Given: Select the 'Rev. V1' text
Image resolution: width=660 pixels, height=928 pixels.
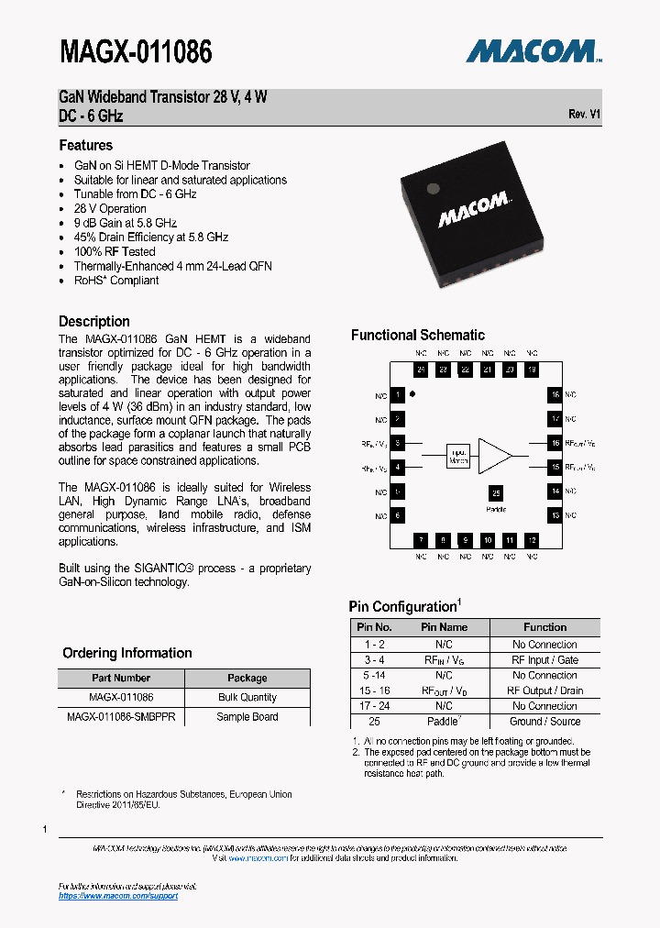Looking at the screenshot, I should click(584, 114).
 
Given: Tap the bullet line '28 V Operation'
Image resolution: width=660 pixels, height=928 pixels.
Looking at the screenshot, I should click(110, 208).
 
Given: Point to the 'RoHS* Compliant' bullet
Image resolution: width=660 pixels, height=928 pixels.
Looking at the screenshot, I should click(116, 280).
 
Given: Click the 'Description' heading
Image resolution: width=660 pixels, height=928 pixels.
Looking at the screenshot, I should click(94, 321).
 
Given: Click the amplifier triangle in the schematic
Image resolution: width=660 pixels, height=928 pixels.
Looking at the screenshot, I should click(496, 456).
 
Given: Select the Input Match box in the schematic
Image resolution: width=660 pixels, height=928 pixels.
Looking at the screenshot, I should click(458, 457).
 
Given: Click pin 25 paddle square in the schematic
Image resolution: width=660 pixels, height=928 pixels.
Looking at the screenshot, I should click(496, 493).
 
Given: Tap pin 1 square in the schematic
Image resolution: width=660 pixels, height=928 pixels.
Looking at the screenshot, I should click(398, 395).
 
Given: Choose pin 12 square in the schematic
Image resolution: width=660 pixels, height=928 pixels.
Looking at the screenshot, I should click(532, 541).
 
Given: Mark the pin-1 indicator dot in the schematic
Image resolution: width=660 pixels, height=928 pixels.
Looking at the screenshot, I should click(412, 393).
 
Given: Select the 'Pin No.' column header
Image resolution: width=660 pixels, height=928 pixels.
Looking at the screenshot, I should click(374, 627).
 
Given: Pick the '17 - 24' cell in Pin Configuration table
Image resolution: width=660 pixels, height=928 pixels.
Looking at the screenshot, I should click(374, 706).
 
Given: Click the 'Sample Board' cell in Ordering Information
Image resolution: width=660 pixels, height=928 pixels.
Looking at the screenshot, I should click(247, 716).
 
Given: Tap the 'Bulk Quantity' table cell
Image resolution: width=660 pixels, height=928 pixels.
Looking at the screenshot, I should click(247, 697).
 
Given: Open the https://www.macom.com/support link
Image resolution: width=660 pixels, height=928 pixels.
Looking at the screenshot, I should click(118, 896).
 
